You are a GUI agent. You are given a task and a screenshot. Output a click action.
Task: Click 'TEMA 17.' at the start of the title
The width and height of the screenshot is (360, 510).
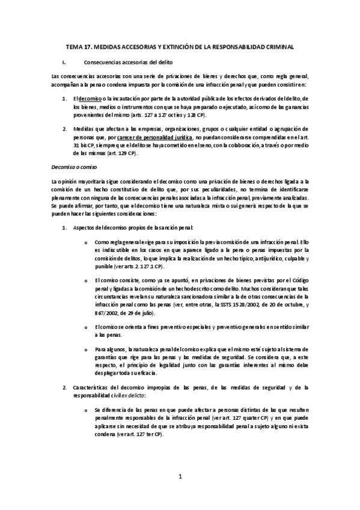tap(76, 46)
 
